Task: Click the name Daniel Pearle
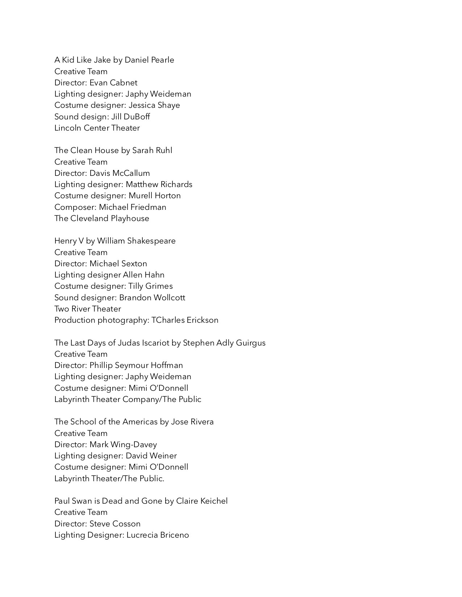coord(149,60)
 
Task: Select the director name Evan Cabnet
coord(113,83)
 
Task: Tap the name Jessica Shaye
coord(154,105)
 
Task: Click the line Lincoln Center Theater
coord(97,128)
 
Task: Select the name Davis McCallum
coord(120,173)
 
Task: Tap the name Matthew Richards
coord(159,185)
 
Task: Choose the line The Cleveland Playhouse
coord(102,219)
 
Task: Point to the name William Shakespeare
coord(136,241)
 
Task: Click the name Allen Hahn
coord(143,275)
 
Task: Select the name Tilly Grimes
coord(150,286)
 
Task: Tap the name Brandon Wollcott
coord(152,298)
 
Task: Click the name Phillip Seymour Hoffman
coord(136,365)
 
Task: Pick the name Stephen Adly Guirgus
coord(224,343)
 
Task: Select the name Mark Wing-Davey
coord(123,445)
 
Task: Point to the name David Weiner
coord(151,456)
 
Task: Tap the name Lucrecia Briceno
coord(158,535)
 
